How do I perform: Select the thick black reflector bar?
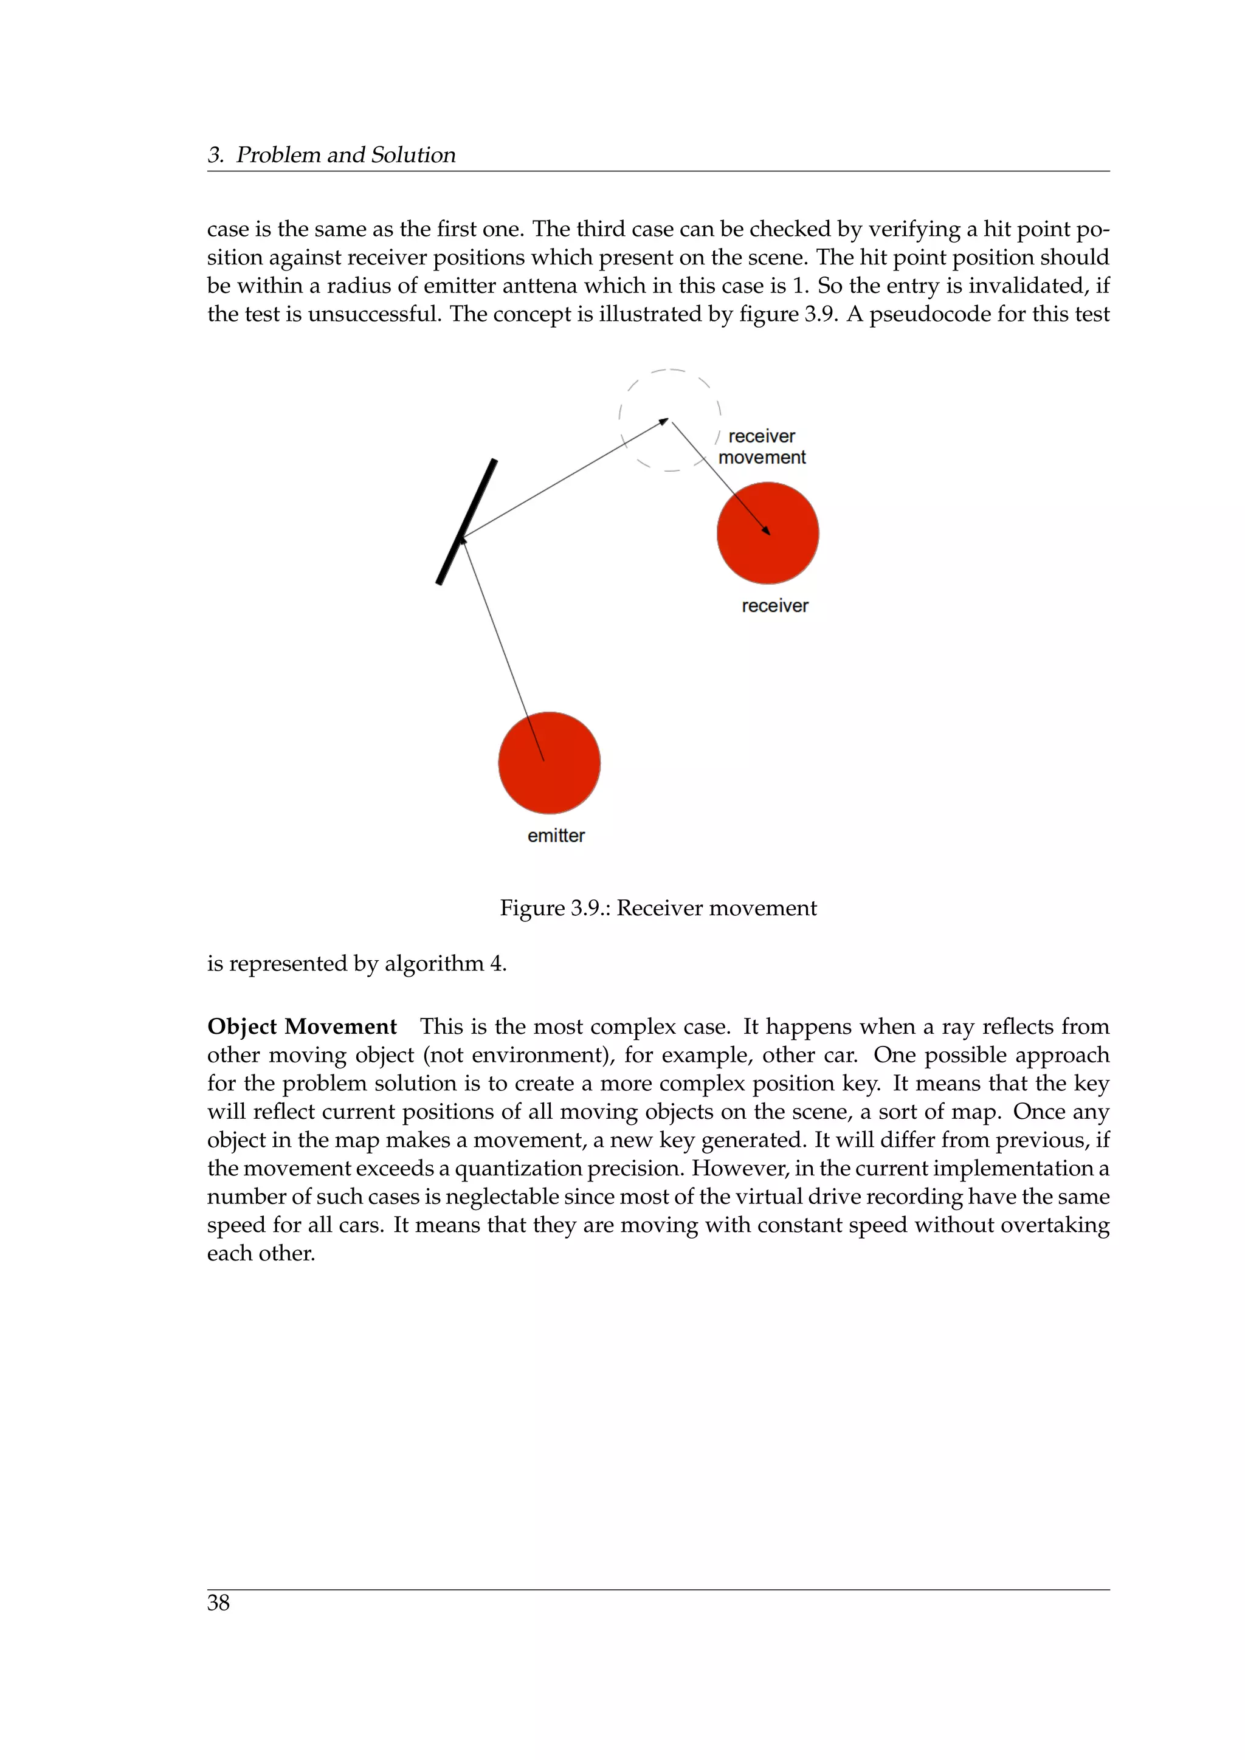467,521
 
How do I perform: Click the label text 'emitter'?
556,836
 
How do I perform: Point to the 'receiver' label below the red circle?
774,605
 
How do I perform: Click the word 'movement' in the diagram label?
762,458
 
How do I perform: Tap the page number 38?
218,1602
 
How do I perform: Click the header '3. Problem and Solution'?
331,155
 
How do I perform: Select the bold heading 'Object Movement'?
302,1026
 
